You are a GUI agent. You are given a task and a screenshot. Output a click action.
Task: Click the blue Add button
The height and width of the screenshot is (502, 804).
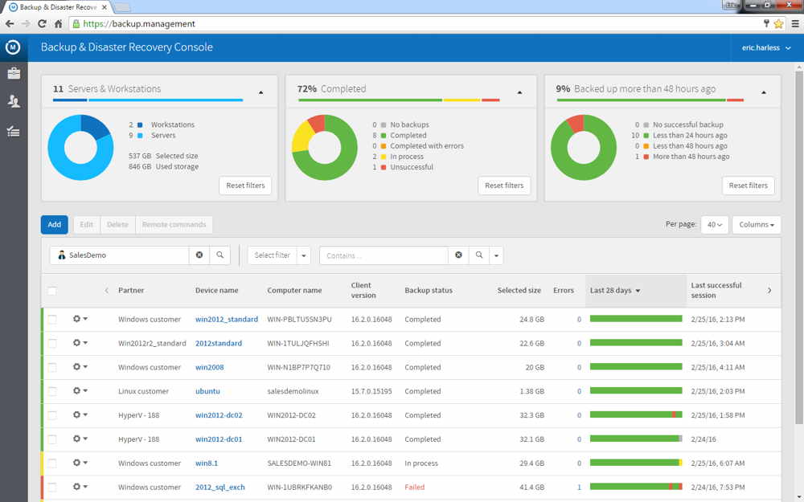coord(54,225)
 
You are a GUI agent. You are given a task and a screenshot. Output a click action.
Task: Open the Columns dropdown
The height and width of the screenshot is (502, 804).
coord(756,225)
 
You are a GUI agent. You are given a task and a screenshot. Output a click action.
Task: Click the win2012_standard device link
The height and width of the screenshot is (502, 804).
coord(226,320)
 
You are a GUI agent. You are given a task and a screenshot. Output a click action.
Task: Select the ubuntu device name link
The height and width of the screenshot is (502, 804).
coord(207,391)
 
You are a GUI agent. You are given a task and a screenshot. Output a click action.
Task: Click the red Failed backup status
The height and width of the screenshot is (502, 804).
coord(414,488)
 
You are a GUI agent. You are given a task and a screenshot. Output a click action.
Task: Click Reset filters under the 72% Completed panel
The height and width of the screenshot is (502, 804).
coord(504,186)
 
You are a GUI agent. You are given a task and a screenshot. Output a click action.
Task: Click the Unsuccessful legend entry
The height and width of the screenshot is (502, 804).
coord(411,167)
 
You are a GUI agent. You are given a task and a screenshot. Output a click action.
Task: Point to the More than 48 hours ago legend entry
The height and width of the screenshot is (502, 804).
coord(689,157)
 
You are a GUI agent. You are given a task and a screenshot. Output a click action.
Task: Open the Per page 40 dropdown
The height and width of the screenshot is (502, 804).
coord(714,225)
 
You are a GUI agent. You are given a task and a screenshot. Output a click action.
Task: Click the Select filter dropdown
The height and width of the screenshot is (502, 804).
coord(278,255)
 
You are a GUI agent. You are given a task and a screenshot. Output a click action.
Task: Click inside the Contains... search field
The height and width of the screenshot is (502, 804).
coord(384,255)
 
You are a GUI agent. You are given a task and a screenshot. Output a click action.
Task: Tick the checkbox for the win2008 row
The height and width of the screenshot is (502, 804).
coord(52,367)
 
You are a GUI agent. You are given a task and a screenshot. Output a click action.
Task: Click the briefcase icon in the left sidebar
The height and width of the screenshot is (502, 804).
coord(14,74)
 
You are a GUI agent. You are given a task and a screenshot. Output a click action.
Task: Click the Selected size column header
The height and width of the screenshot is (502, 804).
coord(519,291)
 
